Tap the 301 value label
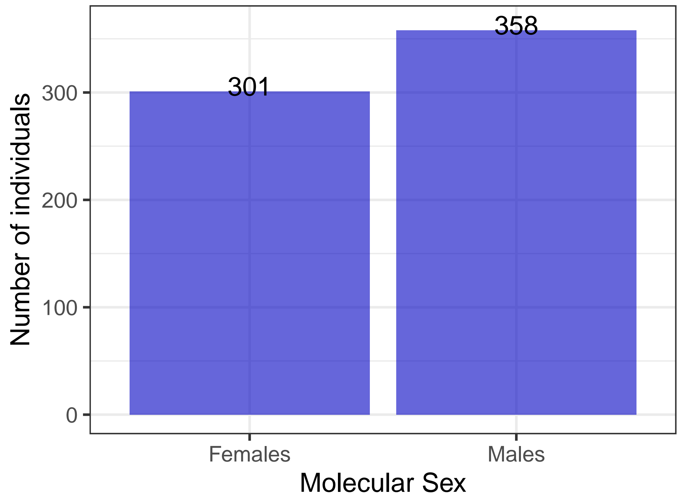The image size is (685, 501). [249, 87]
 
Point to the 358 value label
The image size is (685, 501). [516, 26]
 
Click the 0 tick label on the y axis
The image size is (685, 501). [72, 415]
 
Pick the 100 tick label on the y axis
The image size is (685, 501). [60, 308]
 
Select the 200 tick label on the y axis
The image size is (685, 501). [60, 201]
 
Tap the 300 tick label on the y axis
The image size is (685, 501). [60, 94]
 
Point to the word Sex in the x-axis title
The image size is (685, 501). [444, 483]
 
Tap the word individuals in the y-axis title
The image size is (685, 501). [20, 155]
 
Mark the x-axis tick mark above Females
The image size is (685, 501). [249, 437]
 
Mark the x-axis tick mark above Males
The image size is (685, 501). [516, 437]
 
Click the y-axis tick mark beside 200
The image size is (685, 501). [87, 200]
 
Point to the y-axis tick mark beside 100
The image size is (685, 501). [87, 307]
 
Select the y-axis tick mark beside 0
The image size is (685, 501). [87, 414]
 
